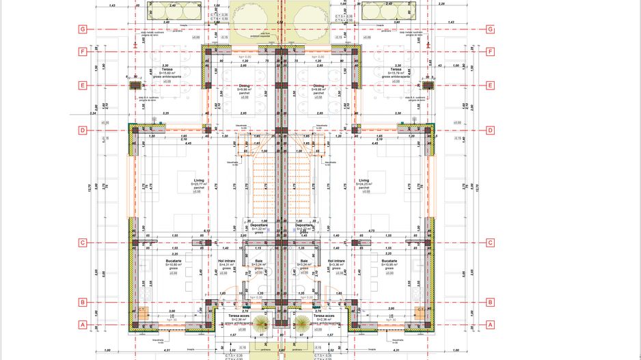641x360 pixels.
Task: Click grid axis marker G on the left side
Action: [x=81, y=29]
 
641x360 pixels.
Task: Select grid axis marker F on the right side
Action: [x=490, y=51]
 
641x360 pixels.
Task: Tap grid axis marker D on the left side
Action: [x=81, y=130]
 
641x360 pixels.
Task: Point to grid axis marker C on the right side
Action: [x=490, y=243]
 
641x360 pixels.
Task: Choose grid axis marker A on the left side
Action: [x=81, y=325]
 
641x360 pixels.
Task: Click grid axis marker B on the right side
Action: [x=490, y=302]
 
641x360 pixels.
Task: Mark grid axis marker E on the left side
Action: [x=81, y=85]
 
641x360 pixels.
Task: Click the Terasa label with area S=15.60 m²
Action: [x=163, y=70]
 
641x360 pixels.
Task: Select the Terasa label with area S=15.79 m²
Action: [x=395, y=70]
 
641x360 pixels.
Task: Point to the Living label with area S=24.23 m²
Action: [x=364, y=181]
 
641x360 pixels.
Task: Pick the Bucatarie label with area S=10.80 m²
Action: [x=173, y=261]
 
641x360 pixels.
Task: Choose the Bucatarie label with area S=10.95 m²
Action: [x=390, y=261]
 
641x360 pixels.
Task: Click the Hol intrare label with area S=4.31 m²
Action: [x=226, y=261]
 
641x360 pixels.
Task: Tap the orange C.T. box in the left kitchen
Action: [x=143, y=309]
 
